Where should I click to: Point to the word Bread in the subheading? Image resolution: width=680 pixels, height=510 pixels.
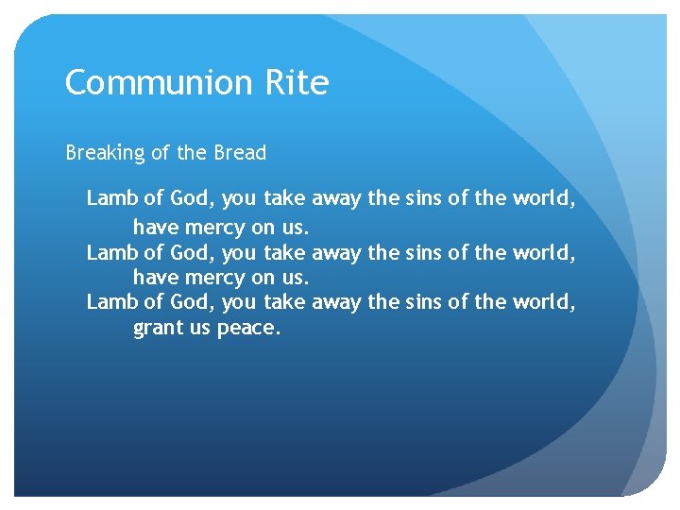(241, 152)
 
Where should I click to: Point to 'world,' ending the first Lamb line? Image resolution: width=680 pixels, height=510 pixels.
(544, 198)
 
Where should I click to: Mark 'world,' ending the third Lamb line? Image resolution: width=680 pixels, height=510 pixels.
(544, 302)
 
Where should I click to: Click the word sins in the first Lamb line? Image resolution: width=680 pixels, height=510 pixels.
(422, 198)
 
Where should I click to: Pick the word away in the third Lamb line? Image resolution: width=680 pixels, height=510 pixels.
(336, 302)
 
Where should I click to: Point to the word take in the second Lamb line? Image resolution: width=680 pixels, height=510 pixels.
(285, 253)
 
